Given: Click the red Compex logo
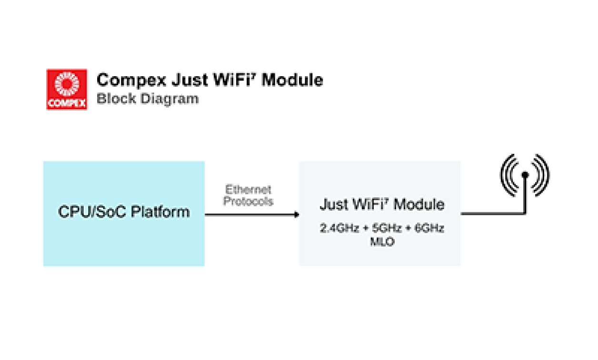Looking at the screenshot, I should (x=67, y=90).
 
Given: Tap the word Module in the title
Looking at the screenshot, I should (x=292, y=80).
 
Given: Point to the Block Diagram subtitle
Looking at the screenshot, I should (x=148, y=99).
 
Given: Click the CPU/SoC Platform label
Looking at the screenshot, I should (x=124, y=212).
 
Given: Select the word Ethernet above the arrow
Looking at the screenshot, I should (x=248, y=190).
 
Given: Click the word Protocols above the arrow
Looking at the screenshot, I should (x=248, y=201).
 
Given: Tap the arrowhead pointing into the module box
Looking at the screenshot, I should (x=296, y=215).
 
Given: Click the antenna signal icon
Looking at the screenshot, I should (x=524, y=175).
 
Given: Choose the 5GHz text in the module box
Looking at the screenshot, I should (x=382, y=229).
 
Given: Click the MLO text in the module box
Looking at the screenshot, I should (x=381, y=242).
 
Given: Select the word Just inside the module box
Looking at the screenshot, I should (x=332, y=205).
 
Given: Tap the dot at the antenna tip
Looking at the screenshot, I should (x=524, y=175).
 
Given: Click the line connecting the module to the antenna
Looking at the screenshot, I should (x=490, y=214).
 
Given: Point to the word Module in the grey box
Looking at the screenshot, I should (x=419, y=205).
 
